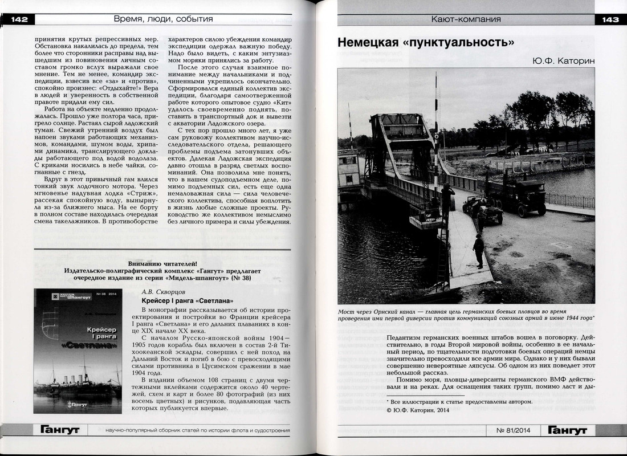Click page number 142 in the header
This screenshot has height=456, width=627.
click(x=18, y=19)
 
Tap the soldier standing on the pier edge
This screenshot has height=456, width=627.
click(x=479, y=251)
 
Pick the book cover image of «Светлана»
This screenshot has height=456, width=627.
click(x=79, y=351)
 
